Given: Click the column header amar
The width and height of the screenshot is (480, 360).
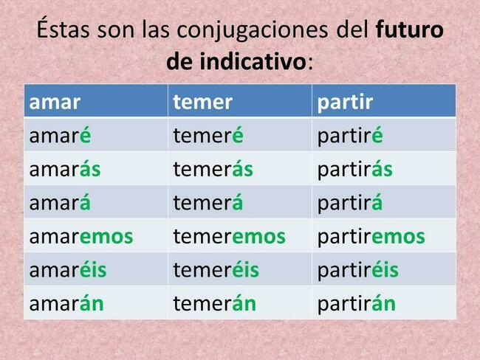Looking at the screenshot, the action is (55, 102).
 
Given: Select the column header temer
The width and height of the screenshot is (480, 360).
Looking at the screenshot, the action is (202, 102).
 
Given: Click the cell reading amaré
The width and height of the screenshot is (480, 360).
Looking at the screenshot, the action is (60, 135).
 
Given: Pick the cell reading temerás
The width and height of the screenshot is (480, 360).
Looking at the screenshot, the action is (213, 169).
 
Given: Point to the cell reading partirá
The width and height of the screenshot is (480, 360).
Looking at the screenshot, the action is (350, 204).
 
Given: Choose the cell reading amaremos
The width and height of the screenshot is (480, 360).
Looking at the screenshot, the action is (81, 237).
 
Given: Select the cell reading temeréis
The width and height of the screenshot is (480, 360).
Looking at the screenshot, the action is (216, 270).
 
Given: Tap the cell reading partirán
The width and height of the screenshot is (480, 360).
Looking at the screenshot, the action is (357, 305).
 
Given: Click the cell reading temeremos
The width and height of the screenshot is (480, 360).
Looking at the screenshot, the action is (229, 237).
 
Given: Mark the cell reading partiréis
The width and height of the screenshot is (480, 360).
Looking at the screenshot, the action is (358, 271).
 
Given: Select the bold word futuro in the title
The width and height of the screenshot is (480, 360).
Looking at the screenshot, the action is (410, 29).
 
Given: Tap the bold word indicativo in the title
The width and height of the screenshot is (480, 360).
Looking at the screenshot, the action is (253, 61).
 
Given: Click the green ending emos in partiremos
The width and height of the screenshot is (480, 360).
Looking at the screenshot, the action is (398, 237).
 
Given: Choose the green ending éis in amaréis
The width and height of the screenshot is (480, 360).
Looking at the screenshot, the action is (93, 270).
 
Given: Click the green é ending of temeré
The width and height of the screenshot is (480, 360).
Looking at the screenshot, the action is (238, 135).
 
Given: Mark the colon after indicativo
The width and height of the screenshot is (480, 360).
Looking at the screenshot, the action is (310, 63).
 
